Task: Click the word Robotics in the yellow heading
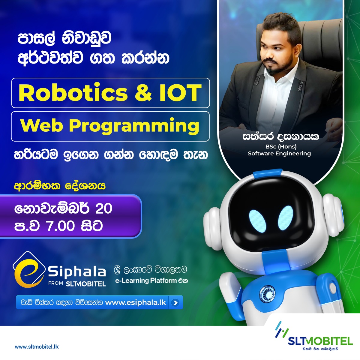point(73,93)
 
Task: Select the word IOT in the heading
point(181,93)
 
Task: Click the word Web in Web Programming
point(42,125)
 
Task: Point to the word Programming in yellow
point(134,126)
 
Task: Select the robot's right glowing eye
point(286,218)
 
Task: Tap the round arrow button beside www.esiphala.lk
point(175,302)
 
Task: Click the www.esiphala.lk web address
point(136,303)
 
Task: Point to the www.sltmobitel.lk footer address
point(37,347)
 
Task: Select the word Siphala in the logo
point(77,271)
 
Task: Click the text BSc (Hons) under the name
point(281,147)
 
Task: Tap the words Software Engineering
point(279,154)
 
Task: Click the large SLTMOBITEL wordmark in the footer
point(320,341)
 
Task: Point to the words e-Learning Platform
point(146,280)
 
